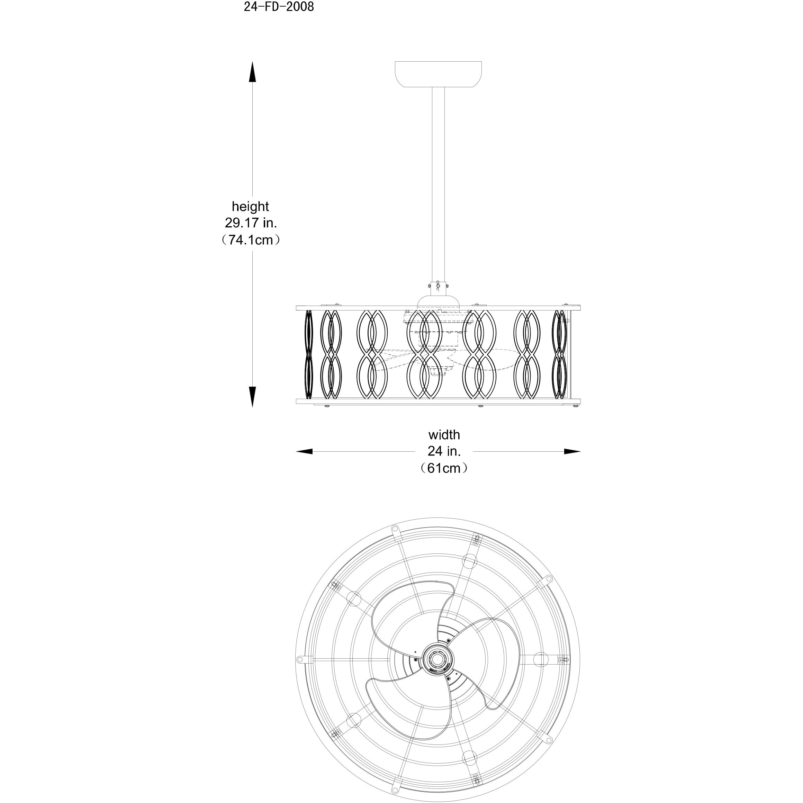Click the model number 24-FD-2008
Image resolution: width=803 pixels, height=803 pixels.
pos(279,7)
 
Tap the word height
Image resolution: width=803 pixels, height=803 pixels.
pos(250,207)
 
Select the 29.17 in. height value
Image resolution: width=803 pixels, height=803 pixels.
pos(251,223)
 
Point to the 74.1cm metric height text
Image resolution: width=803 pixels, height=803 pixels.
pos(251,240)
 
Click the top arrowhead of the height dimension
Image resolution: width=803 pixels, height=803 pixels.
pos(252,72)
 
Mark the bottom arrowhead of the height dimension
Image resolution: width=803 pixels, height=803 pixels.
pos(252,397)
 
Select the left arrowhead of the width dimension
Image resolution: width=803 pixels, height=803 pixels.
pos(304,451)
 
